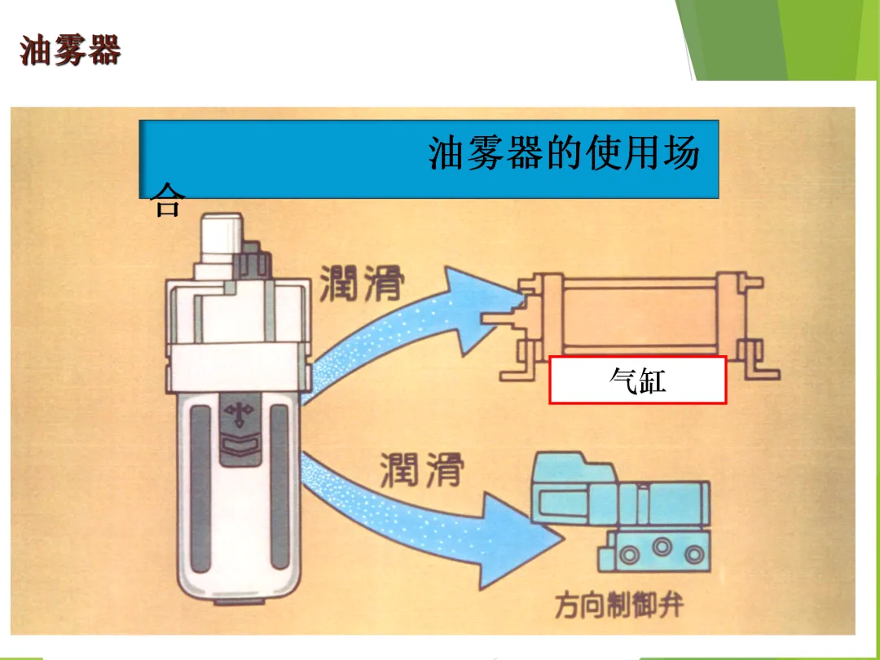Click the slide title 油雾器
tap(71, 51)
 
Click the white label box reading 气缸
tap(638, 380)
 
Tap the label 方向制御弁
tap(619, 605)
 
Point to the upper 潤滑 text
tap(361, 282)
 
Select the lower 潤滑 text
tap(421, 470)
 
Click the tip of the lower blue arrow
tap(562, 539)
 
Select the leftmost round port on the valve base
tap(628, 555)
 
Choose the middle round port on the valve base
tap(661, 555)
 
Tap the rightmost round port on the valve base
tap(693, 555)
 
